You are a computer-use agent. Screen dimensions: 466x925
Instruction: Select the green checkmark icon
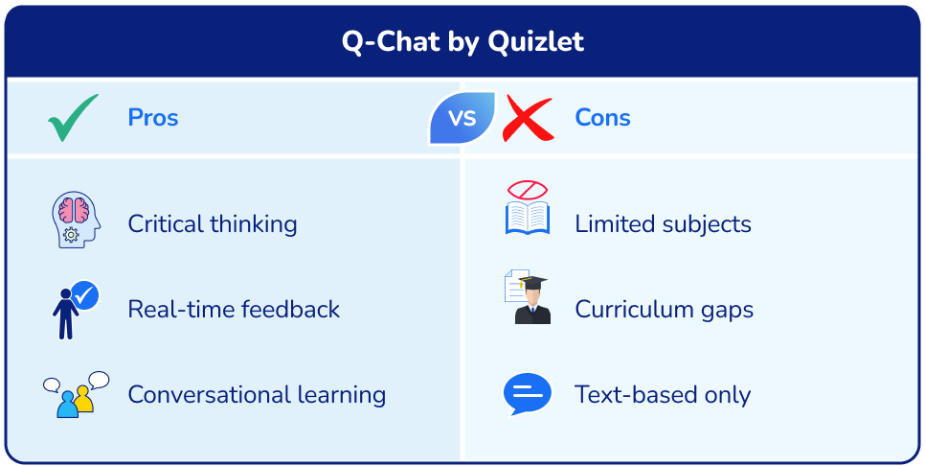[73, 118]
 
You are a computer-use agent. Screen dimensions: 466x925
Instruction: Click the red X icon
[528, 118]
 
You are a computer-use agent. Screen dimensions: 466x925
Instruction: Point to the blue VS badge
[462, 118]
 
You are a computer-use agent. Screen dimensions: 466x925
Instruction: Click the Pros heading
[153, 118]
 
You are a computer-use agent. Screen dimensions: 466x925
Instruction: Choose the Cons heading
[602, 118]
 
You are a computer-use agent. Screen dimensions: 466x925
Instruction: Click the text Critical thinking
[213, 224]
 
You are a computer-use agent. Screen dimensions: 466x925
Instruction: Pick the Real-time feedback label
[234, 310]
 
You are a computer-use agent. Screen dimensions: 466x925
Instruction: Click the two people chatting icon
[75, 394]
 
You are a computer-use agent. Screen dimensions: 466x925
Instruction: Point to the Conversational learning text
[257, 394]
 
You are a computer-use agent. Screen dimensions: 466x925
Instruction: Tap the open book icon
[527, 213]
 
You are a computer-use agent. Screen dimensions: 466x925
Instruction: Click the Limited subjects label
[663, 224]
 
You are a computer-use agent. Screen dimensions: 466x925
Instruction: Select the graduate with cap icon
[528, 298]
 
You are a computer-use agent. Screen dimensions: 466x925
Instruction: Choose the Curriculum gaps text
[664, 310]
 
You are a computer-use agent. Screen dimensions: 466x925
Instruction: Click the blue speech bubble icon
[527, 393]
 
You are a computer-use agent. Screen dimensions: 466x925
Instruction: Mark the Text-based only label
[663, 394]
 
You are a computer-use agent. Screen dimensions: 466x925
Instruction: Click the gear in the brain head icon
[70, 235]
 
